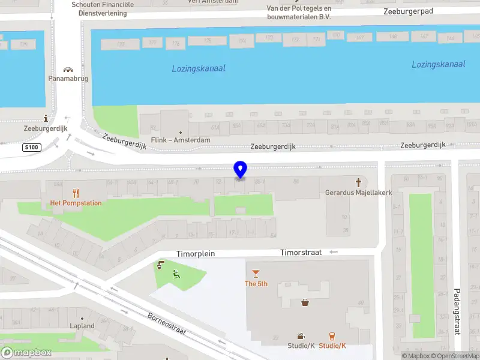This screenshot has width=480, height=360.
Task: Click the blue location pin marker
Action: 240,170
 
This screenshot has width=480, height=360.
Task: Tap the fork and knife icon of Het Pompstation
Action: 76,193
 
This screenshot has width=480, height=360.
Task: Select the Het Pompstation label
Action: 76,203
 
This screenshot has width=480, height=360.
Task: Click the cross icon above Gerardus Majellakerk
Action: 359,182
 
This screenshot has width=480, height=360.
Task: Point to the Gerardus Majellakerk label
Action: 359,193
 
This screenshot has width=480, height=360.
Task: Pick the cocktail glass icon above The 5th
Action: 256,274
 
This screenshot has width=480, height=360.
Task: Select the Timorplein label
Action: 196,254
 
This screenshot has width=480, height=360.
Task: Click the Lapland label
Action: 82,326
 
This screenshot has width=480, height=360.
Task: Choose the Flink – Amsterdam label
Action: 181,140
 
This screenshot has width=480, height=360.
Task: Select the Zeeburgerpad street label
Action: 408,11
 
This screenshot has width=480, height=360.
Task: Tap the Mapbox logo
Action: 26,353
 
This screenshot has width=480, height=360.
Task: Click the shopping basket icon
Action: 305,302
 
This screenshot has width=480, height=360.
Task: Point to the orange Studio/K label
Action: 332,346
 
